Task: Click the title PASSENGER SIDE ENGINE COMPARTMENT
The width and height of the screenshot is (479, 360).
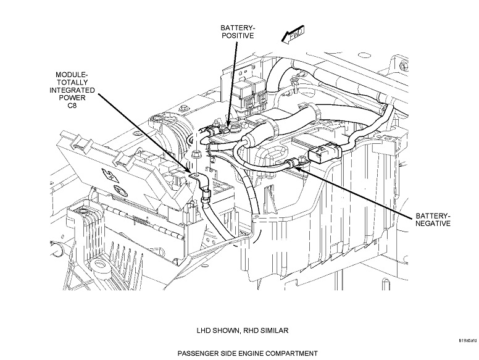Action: [x=238, y=353]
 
